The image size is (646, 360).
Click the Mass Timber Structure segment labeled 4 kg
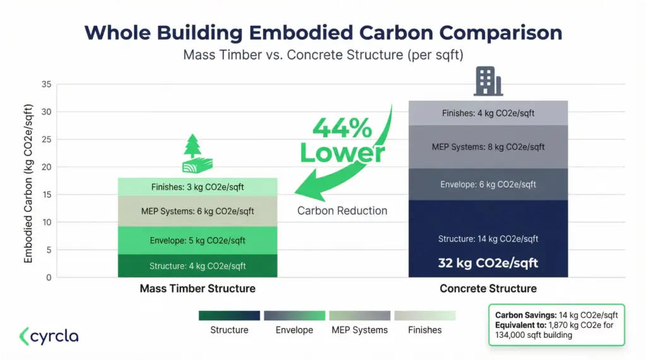click(197, 266)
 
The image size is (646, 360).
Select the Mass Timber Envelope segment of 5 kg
click(197, 240)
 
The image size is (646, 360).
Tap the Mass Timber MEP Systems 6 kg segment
click(197, 211)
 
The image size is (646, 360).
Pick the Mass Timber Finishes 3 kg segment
click(197, 187)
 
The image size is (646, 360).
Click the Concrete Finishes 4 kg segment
click(488, 113)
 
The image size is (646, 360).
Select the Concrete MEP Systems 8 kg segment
click(488, 147)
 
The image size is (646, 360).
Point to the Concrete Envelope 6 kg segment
click(488, 184)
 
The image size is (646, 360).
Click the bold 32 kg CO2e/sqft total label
click(488, 263)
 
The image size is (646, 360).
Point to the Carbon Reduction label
click(342, 211)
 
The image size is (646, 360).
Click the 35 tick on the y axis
click(47, 84)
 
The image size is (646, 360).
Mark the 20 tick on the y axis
click(47, 167)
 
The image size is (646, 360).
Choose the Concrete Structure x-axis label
click(488, 289)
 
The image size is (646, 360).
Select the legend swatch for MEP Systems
click(360, 315)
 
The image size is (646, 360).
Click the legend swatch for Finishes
click(425, 315)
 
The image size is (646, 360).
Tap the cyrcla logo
click(49, 336)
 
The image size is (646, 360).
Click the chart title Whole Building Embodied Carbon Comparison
click(323, 33)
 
